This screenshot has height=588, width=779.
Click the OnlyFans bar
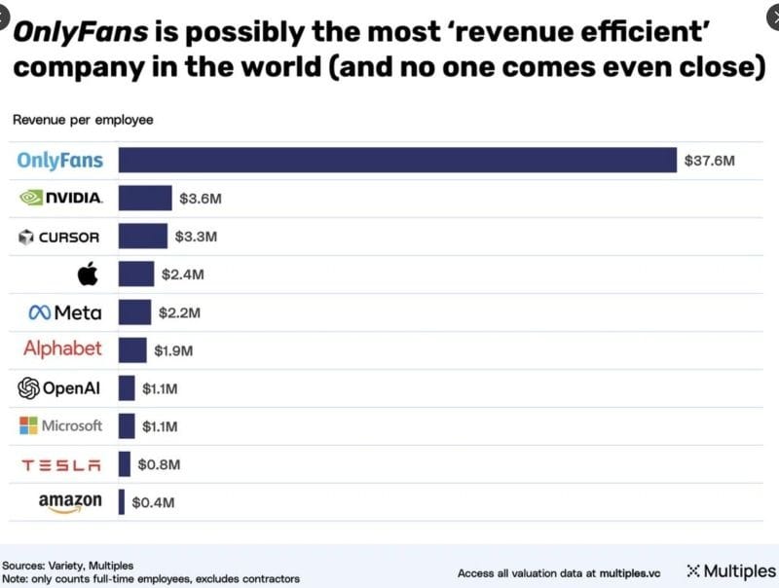click(397, 160)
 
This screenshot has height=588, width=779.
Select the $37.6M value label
click(710, 160)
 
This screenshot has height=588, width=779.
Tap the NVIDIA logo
click(61, 198)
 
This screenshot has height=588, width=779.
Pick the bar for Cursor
click(142, 237)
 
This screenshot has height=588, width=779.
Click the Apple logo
click(88, 274)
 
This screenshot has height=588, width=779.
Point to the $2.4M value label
click(182, 275)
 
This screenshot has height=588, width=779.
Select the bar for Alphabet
click(132, 350)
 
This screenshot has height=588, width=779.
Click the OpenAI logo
click(59, 388)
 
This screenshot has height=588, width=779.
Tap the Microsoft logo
click(60, 425)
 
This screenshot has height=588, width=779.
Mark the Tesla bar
click(124, 464)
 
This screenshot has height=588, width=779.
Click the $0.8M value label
click(159, 464)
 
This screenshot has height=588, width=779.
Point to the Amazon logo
click(70, 502)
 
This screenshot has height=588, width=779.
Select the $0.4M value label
click(153, 502)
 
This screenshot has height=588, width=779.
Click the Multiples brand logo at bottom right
click(731, 571)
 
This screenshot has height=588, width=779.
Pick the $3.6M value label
click(201, 199)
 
